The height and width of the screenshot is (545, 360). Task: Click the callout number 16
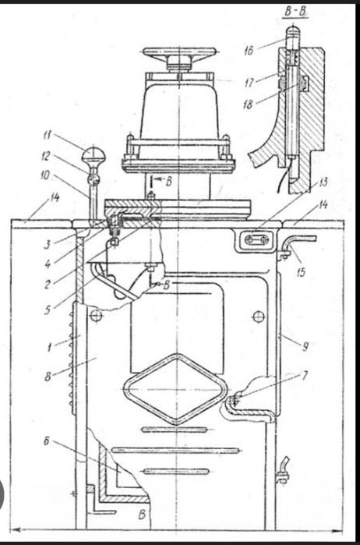(249, 51)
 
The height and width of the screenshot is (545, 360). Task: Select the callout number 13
(323, 182)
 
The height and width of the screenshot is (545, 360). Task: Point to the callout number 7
(305, 376)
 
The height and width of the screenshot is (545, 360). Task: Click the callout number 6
(47, 441)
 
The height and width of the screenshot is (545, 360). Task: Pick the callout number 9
(305, 347)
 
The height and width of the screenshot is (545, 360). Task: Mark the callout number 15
(301, 272)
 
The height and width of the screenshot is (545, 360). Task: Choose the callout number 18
(248, 104)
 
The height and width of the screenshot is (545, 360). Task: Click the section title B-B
(296, 12)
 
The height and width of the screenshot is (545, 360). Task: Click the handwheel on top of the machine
(179, 53)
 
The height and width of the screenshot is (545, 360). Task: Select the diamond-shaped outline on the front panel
(176, 389)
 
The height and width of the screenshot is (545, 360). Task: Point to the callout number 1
(50, 347)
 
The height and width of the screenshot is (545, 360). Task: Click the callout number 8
(48, 377)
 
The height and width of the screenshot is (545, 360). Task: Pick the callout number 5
(48, 310)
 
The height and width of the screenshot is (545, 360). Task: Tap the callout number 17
(249, 83)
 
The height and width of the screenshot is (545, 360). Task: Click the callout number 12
(46, 157)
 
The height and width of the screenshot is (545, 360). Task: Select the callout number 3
(48, 244)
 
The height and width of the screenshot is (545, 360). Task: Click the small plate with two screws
(256, 239)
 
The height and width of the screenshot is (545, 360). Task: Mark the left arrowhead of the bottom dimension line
(16, 529)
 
